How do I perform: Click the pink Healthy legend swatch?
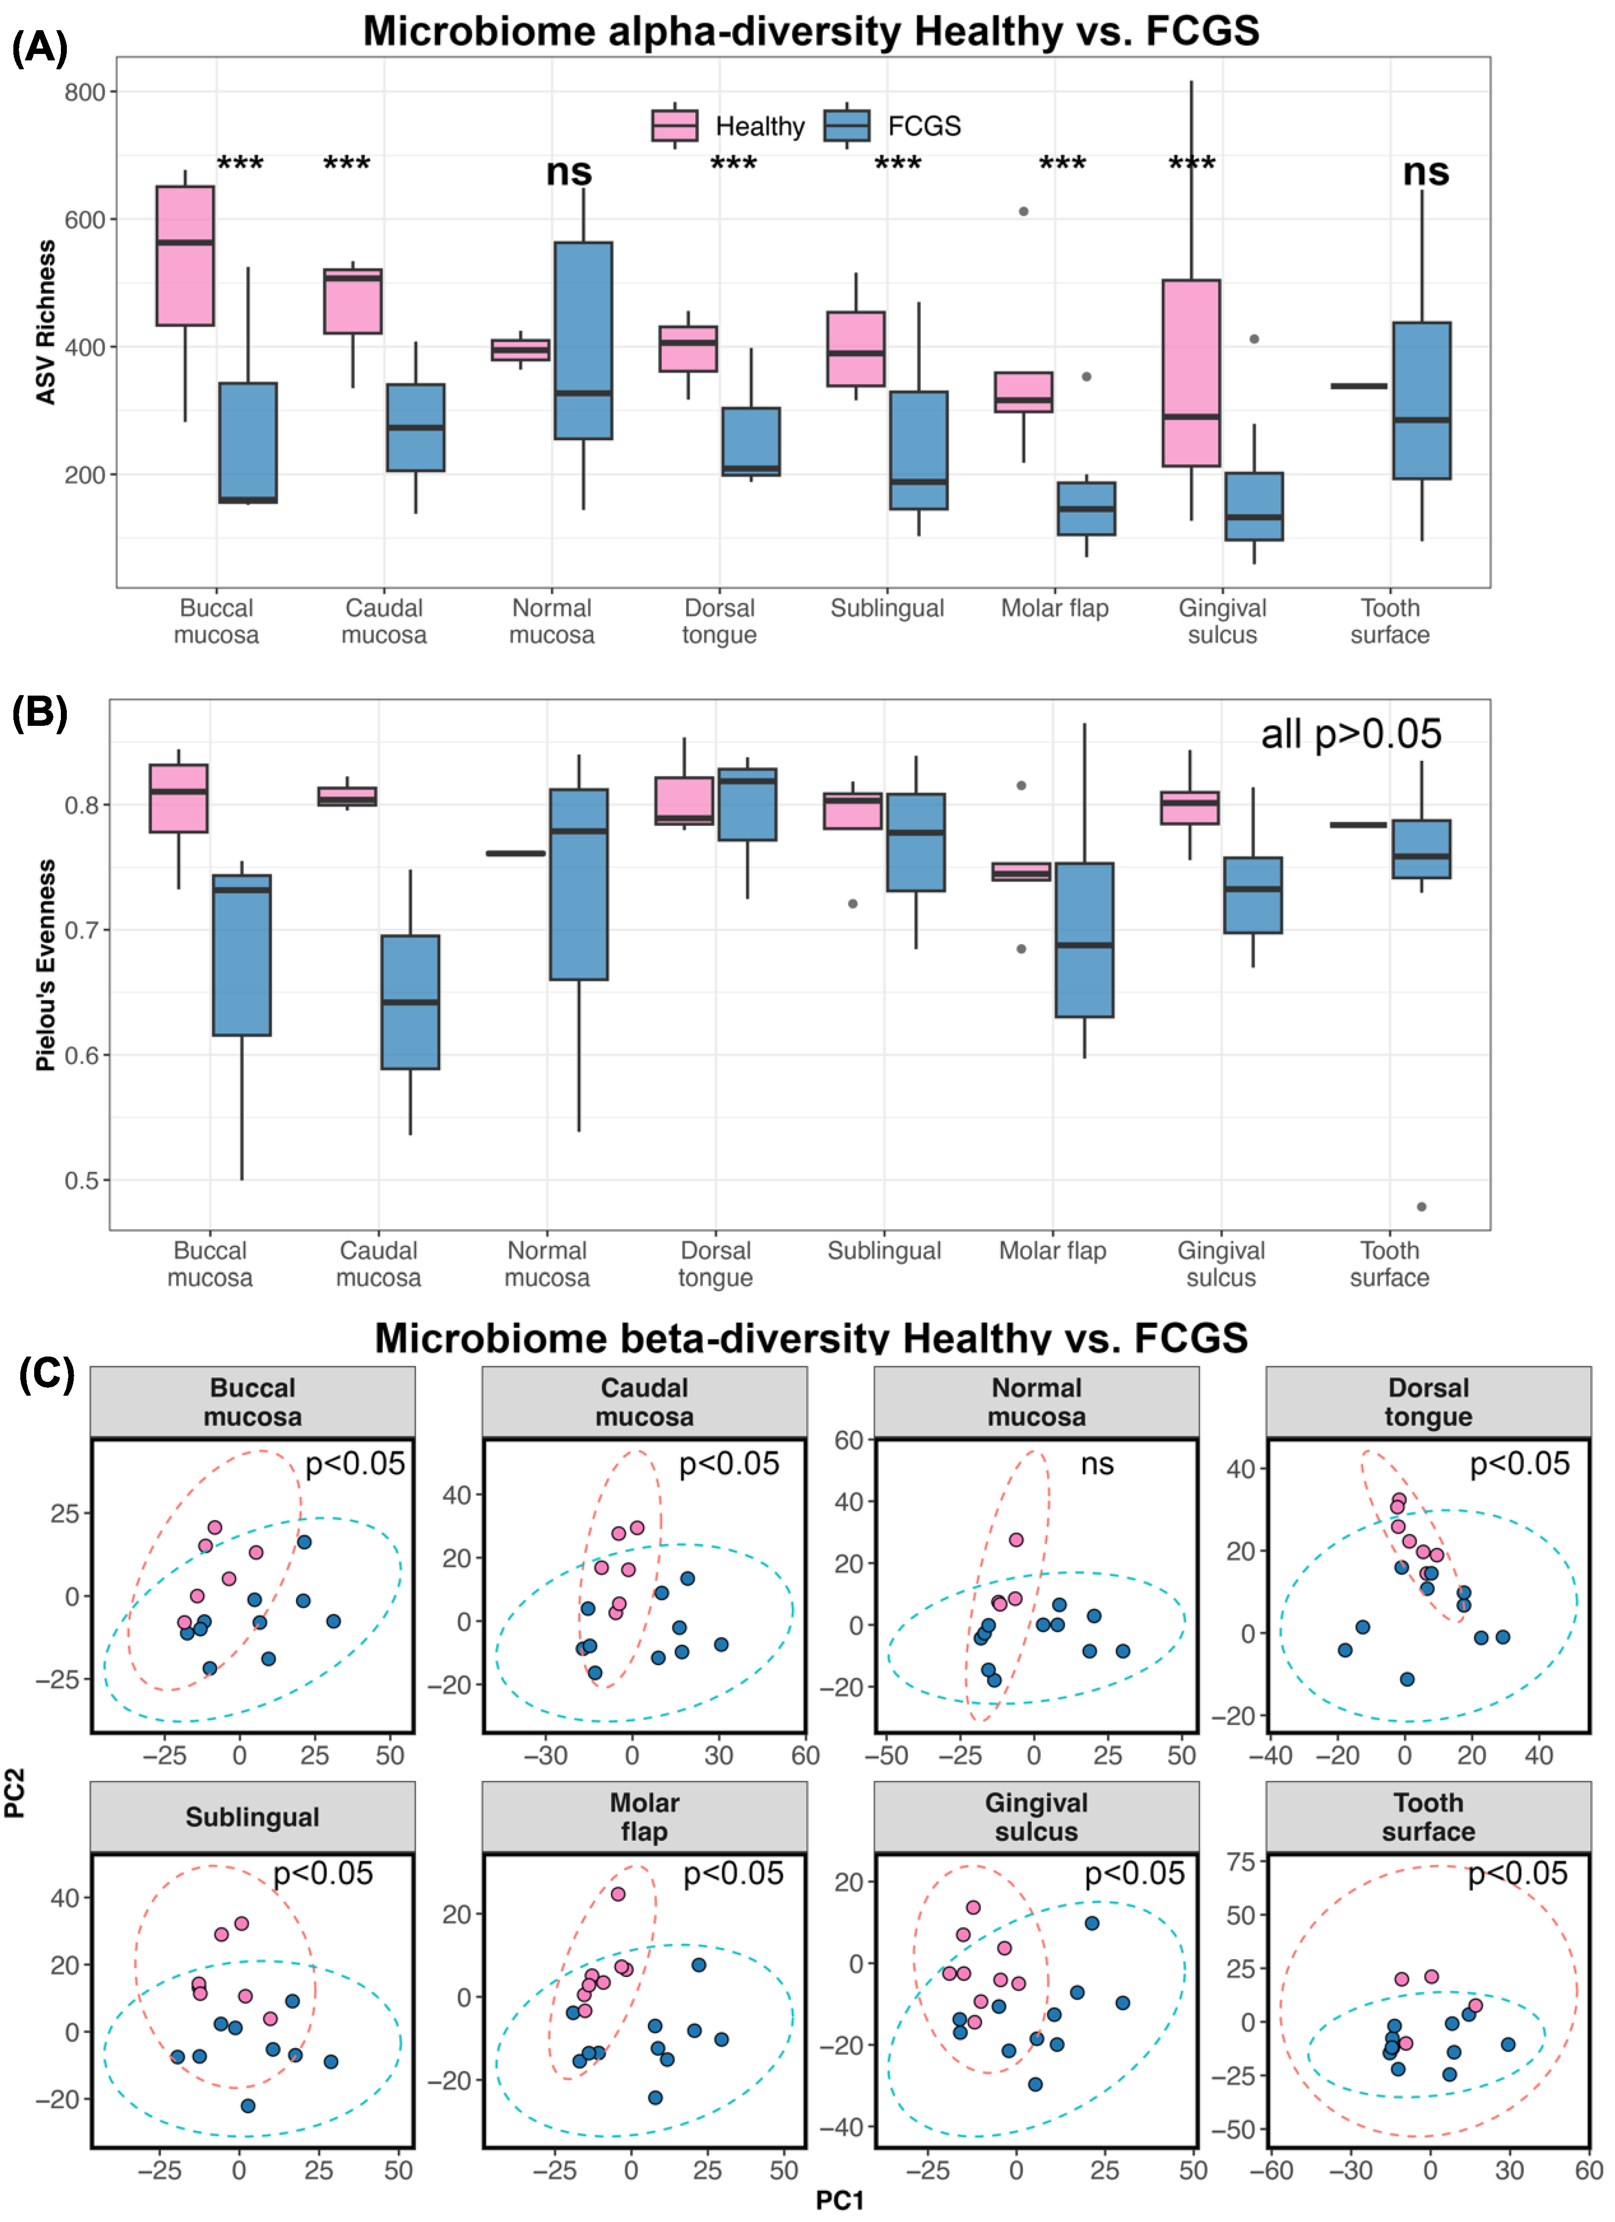(x=674, y=125)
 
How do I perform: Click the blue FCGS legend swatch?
(x=847, y=125)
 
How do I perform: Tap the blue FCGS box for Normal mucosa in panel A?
(x=583, y=340)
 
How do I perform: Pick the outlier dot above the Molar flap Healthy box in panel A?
(x=1023, y=211)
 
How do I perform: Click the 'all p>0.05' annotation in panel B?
(x=1351, y=734)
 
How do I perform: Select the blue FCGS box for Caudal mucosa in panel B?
(x=409, y=1001)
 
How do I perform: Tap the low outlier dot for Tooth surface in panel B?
(x=1421, y=1206)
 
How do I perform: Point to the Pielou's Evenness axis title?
(x=45, y=965)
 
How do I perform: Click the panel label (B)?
(x=39, y=712)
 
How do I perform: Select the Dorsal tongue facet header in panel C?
(x=1428, y=1402)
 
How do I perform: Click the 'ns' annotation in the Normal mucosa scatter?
(x=1097, y=1464)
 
